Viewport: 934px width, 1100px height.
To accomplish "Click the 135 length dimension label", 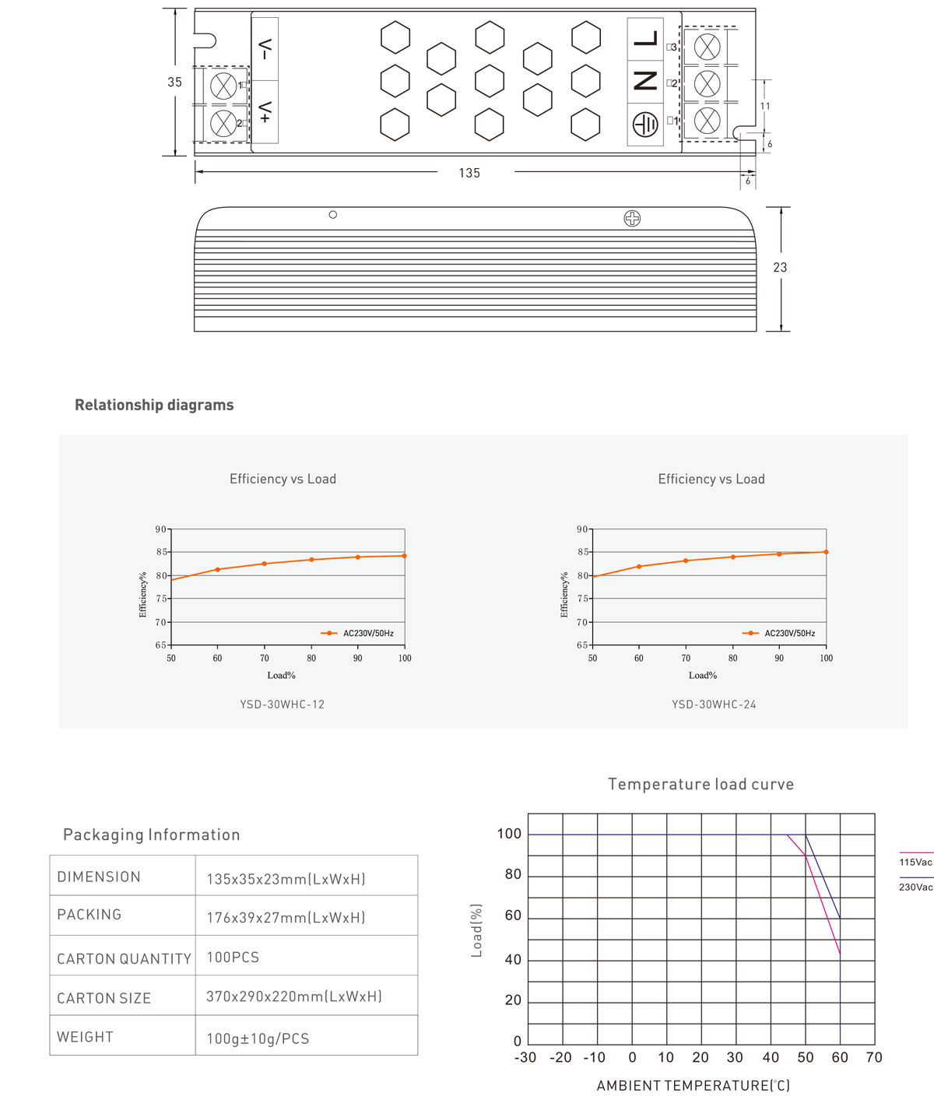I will point(469,173).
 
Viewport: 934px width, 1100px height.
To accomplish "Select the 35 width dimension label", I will point(174,82).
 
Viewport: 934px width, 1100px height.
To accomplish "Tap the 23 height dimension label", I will point(780,267).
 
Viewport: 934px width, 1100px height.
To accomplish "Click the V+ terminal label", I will point(265,112).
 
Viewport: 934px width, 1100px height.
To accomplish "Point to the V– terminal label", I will point(265,49).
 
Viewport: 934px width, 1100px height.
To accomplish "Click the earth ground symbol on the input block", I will point(645,125).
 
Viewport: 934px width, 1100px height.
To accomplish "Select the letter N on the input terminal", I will point(645,81).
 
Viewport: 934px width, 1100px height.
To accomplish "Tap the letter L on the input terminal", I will point(645,39).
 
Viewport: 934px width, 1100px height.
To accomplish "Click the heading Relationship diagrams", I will point(154,405).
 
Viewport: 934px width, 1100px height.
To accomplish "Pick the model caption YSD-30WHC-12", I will point(282,705).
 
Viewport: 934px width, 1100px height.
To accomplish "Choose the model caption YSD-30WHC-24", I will point(714,705).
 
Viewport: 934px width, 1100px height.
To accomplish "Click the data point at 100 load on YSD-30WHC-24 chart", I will point(826,552).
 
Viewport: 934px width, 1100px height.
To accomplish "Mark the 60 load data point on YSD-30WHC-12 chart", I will point(217,569).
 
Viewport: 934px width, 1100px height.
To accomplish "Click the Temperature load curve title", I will point(700,784).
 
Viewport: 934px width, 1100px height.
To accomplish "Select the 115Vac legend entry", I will point(915,862).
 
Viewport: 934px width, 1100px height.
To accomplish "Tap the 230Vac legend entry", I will point(915,887).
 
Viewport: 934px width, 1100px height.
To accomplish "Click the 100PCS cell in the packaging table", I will point(233,958).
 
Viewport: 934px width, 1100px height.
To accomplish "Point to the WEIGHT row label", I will point(85,1037).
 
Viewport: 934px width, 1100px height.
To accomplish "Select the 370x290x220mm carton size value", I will point(293,996).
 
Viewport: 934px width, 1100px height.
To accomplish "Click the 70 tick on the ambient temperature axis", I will point(874,1057).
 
